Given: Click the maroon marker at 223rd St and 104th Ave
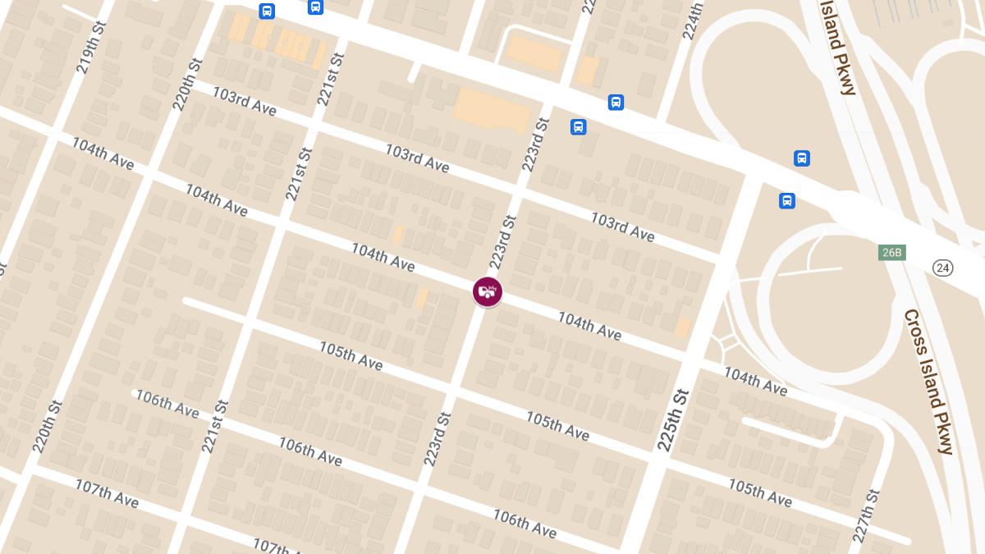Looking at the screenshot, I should [x=488, y=291].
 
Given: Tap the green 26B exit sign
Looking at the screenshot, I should [x=891, y=252].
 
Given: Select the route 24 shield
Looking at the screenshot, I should [x=943, y=268].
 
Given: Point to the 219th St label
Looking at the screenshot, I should [x=92, y=48].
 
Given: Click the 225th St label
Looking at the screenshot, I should [x=672, y=419].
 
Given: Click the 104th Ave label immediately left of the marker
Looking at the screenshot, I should [x=383, y=257].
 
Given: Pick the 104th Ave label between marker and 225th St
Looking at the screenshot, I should [x=589, y=326].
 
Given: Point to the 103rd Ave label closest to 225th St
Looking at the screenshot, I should [x=623, y=227].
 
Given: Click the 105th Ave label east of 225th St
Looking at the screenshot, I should [x=759, y=492].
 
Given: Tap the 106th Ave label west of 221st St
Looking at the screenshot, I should [x=167, y=404].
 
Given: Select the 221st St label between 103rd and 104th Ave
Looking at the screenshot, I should [x=300, y=173].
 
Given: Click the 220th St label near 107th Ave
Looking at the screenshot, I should [x=48, y=426].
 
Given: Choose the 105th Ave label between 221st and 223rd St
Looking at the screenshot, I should [x=350, y=354].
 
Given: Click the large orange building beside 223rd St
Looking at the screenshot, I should [x=492, y=110].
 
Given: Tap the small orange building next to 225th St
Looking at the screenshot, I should [x=682, y=328].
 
